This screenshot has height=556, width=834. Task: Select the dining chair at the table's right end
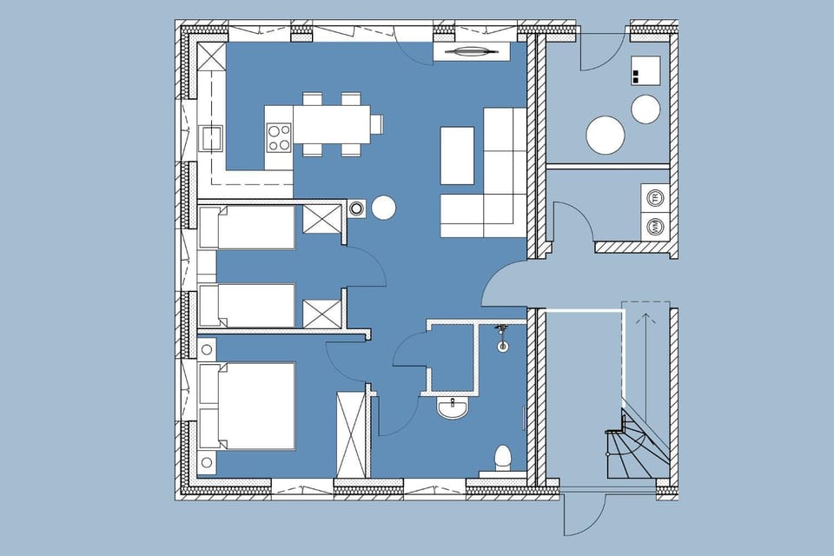pos(376,123)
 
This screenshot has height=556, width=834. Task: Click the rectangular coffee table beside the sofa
pos(457,156)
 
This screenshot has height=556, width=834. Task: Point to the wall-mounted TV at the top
pos(473,54)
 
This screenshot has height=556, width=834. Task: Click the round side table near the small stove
pos(384,208)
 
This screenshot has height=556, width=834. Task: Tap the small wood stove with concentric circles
pos(357,208)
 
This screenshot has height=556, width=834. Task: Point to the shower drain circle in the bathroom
pos(502,347)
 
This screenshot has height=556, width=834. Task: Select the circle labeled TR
pos(652,197)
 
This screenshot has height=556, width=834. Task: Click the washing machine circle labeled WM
pos(652,227)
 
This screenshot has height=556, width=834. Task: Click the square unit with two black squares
pos(645,69)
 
